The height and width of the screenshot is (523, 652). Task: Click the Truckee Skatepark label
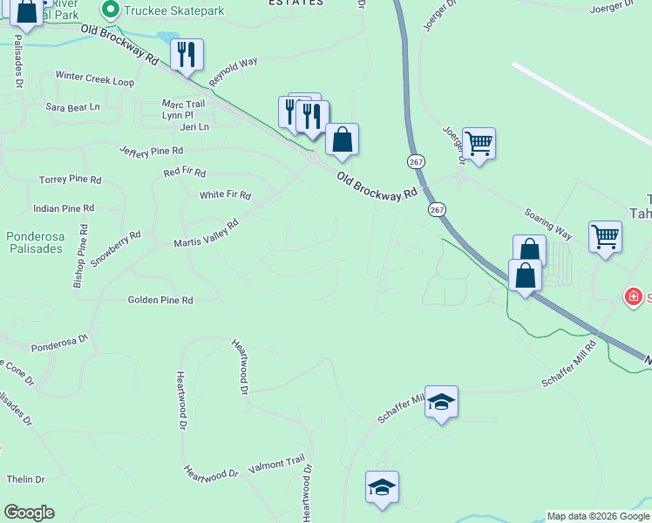tap(174, 10)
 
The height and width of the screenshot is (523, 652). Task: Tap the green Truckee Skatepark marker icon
tap(111, 10)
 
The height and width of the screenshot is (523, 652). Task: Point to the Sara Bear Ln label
tap(73, 107)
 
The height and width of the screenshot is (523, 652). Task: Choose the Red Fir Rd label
tap(184, 173)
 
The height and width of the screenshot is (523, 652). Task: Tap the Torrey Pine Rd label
tap(71, 180)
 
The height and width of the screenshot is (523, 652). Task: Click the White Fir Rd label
tap(225, 195)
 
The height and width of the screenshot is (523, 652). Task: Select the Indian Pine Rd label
tap(63, 209)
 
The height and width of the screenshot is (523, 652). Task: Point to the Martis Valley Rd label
tap(207, 234)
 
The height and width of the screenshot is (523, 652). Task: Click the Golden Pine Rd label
tap(160, 300)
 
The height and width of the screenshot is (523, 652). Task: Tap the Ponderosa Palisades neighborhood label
tap(35, 242)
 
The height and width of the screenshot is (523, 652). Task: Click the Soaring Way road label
tap(547, 224)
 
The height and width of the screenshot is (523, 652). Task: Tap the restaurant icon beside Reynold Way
tap(187, 54)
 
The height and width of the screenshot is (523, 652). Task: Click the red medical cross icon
tap(634, 298)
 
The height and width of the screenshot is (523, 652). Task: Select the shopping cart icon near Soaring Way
tap(605, 235)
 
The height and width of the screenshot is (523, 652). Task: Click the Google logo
tap(29, 513)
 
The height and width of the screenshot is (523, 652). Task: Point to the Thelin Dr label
tap(25, 479)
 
